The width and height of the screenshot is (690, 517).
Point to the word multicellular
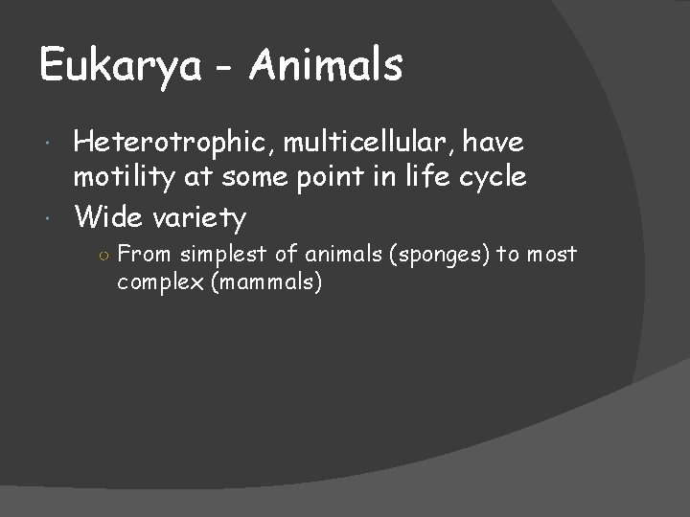(x=363, y=144)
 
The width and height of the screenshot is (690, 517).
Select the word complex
(x=156, y=283)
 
